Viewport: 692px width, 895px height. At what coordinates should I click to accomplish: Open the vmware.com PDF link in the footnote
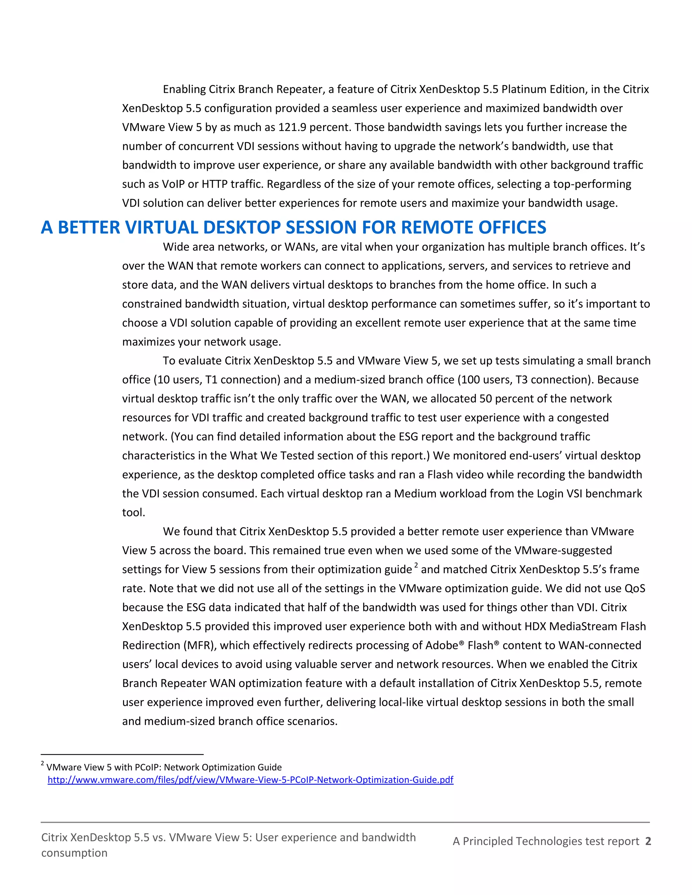250,779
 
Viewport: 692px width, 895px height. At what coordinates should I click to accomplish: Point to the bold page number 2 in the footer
648,841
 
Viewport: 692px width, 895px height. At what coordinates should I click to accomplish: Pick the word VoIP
173,184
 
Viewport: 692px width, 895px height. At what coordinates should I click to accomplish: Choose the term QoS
635,588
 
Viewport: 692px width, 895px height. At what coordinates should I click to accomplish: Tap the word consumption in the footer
74,853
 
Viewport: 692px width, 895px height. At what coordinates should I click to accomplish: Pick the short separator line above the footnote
122,754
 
